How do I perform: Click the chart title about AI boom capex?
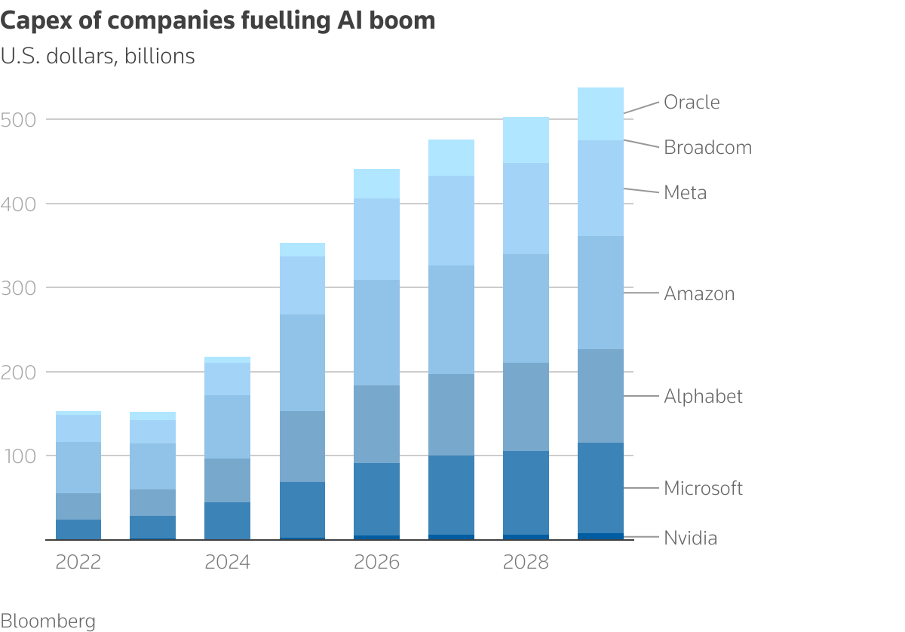point(218,20)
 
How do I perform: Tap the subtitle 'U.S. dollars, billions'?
point(98,56)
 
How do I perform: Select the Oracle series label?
point(692,102)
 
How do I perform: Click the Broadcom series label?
point(707,147)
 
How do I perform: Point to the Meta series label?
point(685,192)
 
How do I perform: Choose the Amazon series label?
point(699,293)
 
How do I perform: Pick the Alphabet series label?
point(703,396)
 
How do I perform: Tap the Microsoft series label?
point(703,488)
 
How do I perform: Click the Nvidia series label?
point(690,538)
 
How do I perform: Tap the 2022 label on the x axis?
point(78,563)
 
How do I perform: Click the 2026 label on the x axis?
point(377,563)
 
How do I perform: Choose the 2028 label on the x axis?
point(526,563)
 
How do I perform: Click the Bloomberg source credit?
point(48,621)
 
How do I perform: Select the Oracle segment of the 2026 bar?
point(377,183)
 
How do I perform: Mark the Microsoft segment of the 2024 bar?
point(228,520)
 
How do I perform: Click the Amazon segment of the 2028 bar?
point(526,308)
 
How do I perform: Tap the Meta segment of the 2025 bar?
point(302,285)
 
